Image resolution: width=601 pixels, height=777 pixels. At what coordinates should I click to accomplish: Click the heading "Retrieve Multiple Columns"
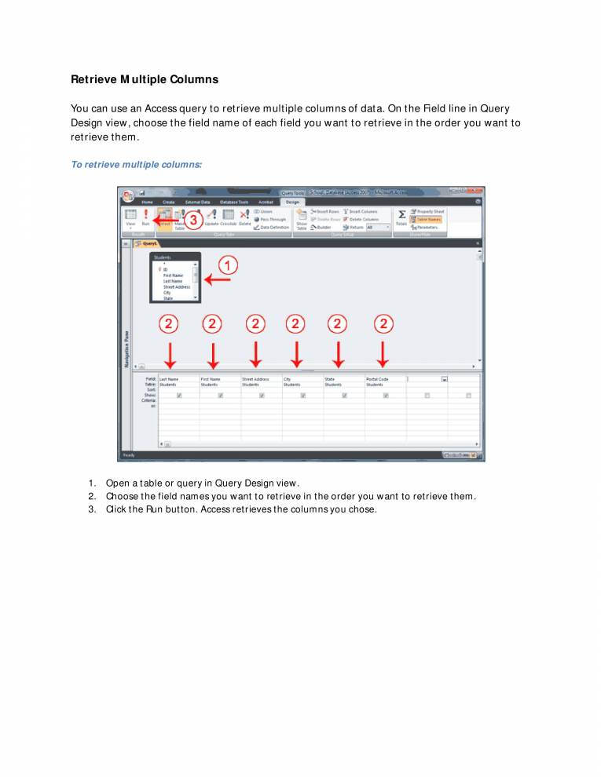point(145,79)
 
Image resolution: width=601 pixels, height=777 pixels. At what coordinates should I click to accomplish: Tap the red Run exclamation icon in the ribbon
point(145,213)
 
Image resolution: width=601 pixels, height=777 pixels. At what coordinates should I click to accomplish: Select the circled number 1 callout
point(227,266)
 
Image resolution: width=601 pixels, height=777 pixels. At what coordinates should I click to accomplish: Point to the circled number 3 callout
point(191,220)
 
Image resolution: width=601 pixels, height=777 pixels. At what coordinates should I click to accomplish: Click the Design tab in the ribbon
point(292,202)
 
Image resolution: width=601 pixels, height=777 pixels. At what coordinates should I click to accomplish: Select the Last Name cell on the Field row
point(178,379)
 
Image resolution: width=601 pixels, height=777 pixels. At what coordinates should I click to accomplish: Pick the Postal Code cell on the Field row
point(384,379)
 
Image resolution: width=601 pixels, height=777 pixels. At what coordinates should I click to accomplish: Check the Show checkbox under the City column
point(302,396)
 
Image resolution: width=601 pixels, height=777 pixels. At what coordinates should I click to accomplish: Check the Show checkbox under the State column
point(344,396)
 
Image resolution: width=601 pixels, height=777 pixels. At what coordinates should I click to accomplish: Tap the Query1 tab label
point(149,243)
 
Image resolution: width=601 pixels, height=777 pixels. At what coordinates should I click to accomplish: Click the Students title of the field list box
point(163,257)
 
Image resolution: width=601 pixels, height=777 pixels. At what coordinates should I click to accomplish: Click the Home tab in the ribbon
point(147,202)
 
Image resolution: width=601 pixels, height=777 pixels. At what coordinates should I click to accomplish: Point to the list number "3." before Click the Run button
point(92,509)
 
